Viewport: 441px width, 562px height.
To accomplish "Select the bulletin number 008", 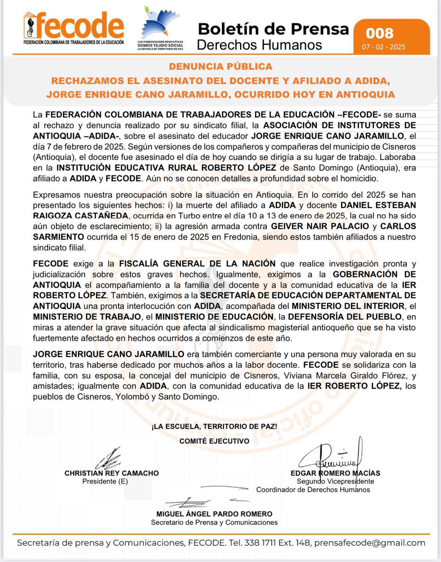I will [380, 33].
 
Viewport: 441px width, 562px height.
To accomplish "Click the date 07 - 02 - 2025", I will [384, 47].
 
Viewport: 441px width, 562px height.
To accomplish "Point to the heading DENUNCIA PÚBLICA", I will [220, 66].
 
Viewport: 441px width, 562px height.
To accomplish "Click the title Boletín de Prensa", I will [273, 29].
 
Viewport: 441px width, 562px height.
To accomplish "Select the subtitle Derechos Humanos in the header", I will [259, 45].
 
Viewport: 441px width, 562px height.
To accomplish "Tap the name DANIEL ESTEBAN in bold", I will [378, 205].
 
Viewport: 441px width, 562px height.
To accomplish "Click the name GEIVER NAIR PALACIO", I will [320, 226].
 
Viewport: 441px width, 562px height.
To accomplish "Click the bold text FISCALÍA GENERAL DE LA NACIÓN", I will [197, 263].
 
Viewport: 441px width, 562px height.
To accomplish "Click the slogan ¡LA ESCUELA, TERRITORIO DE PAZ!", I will [214, 426].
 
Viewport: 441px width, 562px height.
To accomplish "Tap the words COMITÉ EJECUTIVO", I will [214, 441].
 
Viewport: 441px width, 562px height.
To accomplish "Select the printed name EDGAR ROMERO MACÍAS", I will [335, 473].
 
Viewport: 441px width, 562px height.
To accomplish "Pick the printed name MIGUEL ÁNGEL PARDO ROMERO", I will [214, 514].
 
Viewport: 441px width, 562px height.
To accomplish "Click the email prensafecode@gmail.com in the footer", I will [369, 543].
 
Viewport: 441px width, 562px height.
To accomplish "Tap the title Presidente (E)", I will [105, 481].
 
